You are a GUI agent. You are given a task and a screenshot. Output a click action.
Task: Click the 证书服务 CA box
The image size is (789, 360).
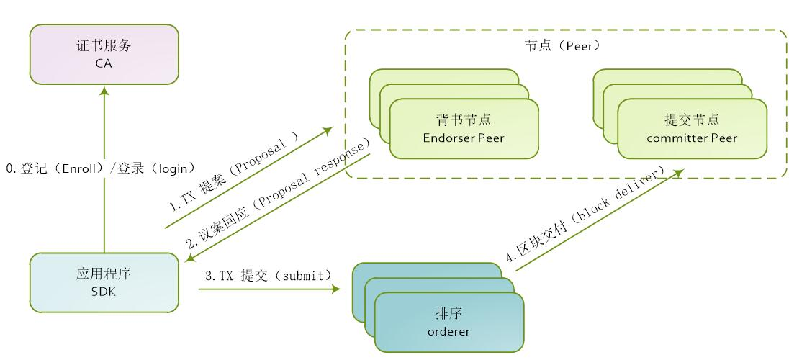pos(104,54)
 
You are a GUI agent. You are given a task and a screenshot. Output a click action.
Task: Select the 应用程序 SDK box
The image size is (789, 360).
pos(104,282)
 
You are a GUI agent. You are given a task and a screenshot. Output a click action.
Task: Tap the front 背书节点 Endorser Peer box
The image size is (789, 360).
pos(464,128)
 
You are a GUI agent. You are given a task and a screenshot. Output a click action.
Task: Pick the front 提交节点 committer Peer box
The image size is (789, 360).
pos(692,128)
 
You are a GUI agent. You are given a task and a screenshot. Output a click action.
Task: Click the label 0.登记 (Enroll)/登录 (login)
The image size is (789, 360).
pos(101,168)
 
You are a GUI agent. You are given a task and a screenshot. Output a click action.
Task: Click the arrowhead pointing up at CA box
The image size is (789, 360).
pos(104,90)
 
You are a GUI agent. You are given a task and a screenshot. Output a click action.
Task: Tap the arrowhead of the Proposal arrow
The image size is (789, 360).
pos(328,131)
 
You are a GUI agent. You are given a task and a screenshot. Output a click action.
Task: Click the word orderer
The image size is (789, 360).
pos(448,331)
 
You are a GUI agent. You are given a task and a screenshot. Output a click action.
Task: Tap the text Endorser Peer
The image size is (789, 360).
pos(464,137)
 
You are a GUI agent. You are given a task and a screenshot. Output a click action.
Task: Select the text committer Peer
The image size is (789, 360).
pos(692,137)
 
